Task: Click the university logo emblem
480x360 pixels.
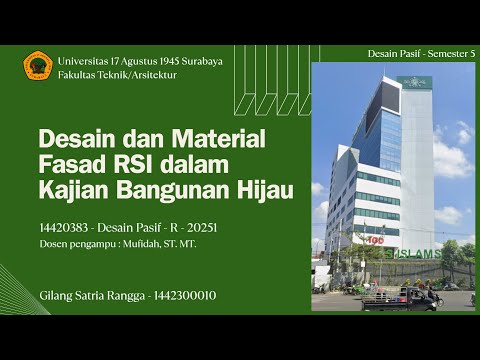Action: tap(37, 67)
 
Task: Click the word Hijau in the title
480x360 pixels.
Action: tap(264, 187)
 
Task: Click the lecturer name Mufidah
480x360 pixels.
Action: tap(156, 244)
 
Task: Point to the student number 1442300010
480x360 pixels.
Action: tap(180, 295)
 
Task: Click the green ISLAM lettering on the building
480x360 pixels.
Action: tap(414, 252)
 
